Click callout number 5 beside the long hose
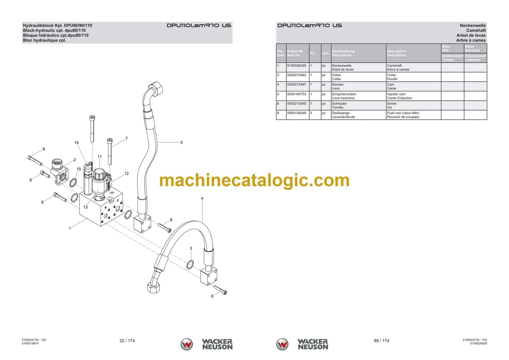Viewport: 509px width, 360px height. (182, 142)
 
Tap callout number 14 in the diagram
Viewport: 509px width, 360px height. (76, 143)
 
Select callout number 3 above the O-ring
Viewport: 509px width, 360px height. (191, 249)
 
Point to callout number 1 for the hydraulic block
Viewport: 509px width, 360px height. (70, 229)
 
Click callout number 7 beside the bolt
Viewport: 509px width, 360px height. (127, 138)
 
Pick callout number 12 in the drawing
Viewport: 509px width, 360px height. (126, 174)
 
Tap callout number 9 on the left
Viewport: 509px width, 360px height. (31, 180)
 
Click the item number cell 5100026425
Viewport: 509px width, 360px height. (297, 66)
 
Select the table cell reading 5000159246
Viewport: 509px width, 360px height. (297, 113)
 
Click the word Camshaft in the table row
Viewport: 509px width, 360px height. (394, 66)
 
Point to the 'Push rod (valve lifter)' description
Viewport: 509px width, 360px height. (403, 113)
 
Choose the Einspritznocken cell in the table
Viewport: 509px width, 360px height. (344, 94)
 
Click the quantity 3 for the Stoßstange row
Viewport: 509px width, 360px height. (311, 113)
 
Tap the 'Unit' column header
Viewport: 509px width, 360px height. (325, 53)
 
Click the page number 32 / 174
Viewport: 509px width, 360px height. (127, 341)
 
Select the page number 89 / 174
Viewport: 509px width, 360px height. (381, 341)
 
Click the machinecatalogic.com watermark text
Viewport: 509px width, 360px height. (254, 180)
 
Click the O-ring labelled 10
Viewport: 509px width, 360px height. (73, 183)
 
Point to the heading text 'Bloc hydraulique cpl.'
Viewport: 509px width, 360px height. (44, 40)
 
